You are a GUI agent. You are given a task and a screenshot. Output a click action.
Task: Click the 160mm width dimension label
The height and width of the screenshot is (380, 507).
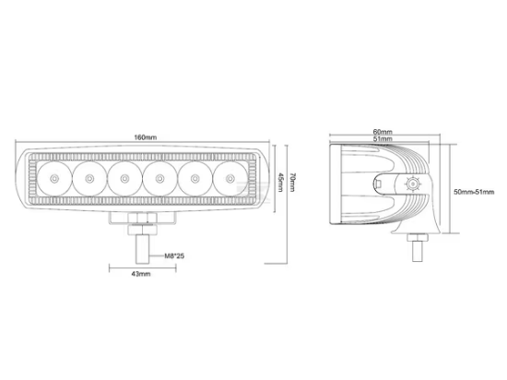(145, 137)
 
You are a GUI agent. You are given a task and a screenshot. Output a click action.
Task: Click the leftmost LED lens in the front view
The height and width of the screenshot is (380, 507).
(54, 178)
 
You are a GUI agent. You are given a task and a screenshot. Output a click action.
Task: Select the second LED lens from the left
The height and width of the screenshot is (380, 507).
(89, 178)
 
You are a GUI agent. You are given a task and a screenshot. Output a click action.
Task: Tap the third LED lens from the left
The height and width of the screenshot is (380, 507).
(124, 178)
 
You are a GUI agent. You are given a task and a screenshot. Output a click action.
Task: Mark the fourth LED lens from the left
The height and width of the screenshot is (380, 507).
(159, 178)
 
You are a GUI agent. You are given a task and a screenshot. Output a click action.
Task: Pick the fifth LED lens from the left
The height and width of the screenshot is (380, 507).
(195, 178)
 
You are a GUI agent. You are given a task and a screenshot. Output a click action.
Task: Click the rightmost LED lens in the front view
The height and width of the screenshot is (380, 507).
(229, 178)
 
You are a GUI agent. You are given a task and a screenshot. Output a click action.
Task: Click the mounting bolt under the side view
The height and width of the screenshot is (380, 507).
(416, 246)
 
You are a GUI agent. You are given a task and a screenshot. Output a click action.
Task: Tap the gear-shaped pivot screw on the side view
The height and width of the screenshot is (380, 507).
(411, 184)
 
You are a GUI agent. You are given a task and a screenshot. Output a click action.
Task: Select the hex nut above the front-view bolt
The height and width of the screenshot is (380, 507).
(142, 222)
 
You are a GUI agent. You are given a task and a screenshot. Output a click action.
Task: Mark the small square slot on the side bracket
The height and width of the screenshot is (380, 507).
(379, 184)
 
